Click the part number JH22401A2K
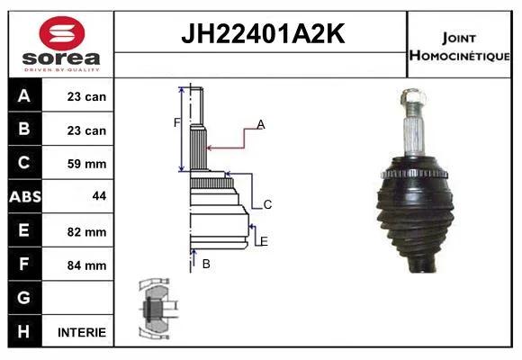[263, 33]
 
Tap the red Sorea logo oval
[62, 33]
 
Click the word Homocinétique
[459, 55]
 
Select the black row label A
[24, 95]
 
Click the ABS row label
[25, 196]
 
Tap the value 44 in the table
[99, 196]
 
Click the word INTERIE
[82, 332]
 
